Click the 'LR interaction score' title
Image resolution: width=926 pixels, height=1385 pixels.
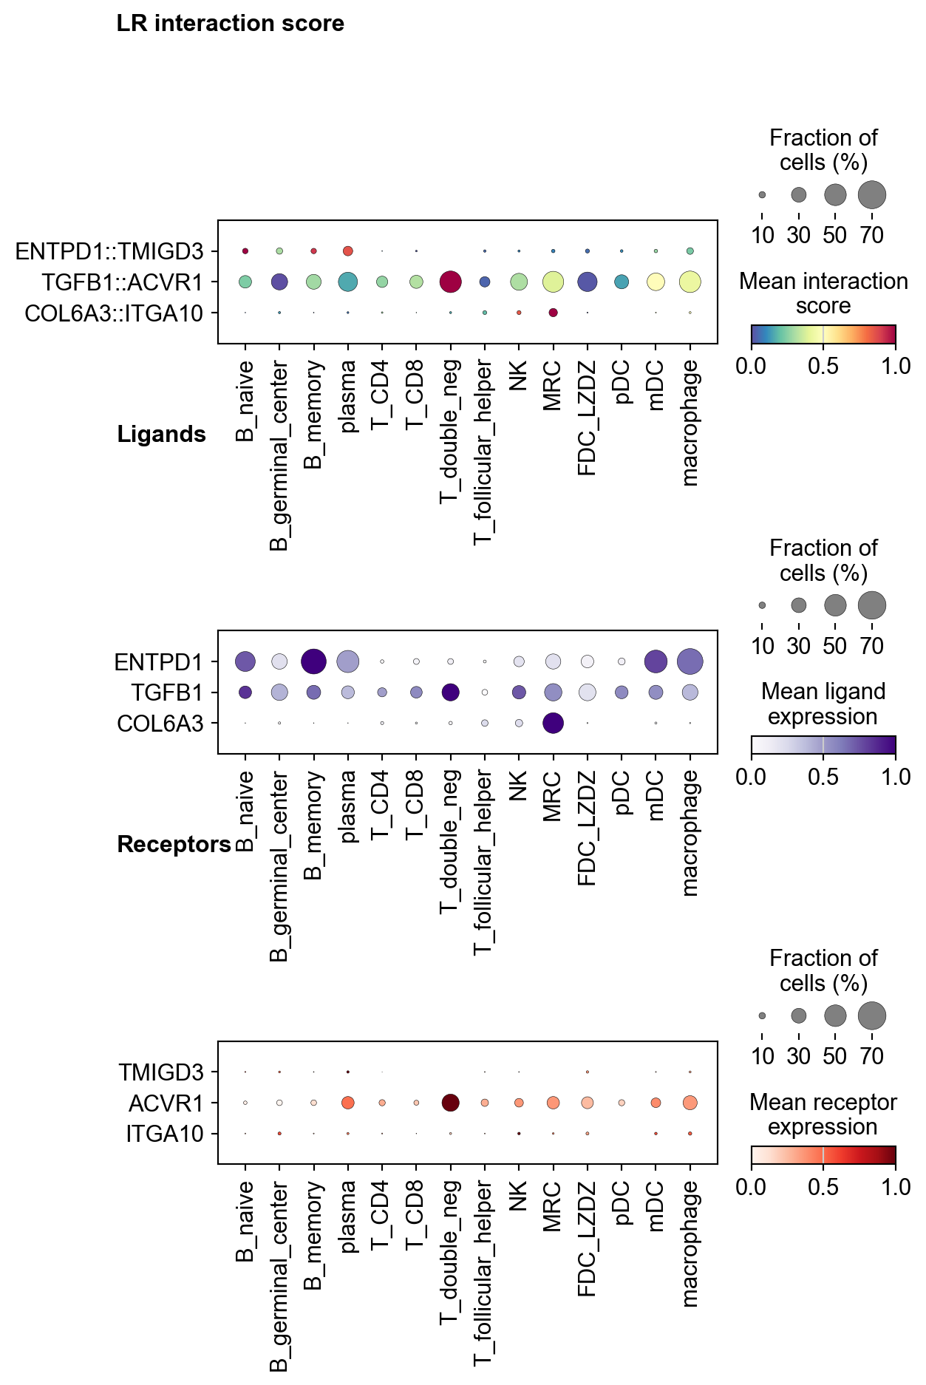point(230,24)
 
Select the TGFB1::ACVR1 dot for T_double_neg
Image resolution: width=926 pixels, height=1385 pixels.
point(450,282)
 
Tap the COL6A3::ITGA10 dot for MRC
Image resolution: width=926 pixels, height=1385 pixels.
point(553,313)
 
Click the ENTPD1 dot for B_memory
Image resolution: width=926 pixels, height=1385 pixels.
point(314,661)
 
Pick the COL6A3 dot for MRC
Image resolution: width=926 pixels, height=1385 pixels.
point(553,724)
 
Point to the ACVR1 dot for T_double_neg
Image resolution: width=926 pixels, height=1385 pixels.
point(450,1103)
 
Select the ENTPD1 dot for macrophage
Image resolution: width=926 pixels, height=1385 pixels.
point(690,661)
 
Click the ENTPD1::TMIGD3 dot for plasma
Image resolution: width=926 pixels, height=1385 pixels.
point(348,251)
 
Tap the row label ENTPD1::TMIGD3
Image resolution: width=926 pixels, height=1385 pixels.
point(109,251)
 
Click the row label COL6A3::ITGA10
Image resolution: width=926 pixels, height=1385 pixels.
point(114,313)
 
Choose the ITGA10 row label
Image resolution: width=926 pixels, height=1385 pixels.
point(164,1134)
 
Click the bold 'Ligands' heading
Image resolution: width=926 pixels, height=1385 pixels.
point(161,434)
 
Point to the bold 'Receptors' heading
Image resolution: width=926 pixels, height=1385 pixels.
point(174,844)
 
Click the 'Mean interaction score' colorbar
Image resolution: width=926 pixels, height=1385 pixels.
point(823,335)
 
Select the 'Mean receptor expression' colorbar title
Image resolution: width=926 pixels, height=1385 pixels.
point(823,1114)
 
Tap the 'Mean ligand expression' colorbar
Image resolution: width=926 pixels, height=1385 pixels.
point(823,745)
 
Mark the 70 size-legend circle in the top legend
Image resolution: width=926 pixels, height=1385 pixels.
point(872,195)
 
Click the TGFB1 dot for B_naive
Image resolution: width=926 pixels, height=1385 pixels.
point(245,692)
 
